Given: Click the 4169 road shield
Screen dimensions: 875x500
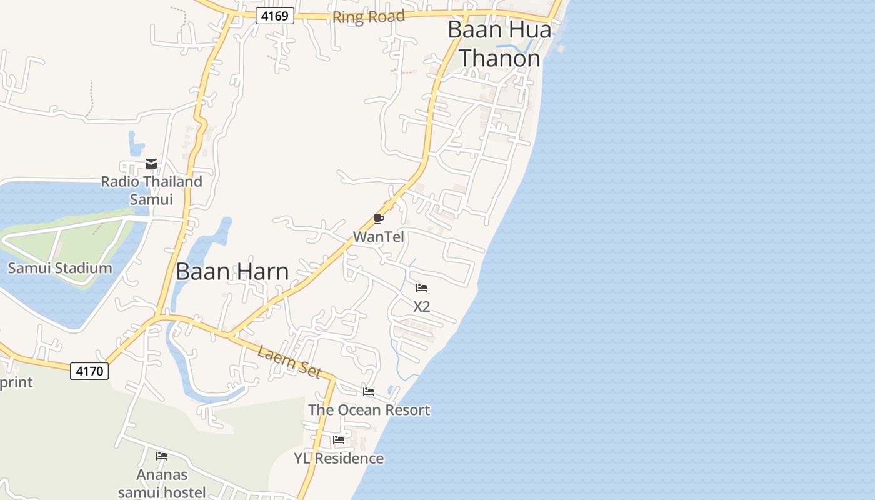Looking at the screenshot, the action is [x=275, y=16].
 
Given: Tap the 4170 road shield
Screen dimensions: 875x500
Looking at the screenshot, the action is [x=89, y=371].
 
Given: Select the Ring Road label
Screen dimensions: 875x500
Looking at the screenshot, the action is [x=368, y=17].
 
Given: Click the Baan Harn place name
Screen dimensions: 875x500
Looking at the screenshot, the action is [x=232, y=272].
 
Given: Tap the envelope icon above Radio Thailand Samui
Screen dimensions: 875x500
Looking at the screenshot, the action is [x=151, y=164].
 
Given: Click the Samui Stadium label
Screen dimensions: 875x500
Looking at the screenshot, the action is [x=60, y=269].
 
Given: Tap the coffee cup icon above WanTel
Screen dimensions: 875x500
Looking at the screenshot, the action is [x=378, y=219].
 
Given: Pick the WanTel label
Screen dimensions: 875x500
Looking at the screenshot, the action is [x=379, y=237].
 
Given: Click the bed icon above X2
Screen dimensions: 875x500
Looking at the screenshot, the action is [x=422, y=288].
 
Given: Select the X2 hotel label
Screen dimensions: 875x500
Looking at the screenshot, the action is [x=422, y=307].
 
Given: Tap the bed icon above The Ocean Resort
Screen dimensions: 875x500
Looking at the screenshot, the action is [x=369, y=392].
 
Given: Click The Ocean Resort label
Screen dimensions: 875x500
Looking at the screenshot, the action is [x=369, y=411].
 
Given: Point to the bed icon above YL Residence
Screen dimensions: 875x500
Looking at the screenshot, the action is [x=339, y=440].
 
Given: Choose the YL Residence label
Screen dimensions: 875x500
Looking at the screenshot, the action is [x=339, y=459].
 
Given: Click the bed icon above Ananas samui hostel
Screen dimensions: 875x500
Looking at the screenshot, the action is [x=162, y=456].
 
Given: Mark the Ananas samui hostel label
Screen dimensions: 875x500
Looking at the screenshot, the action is [x=162, y=484].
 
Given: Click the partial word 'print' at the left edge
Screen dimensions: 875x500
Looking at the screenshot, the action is [x=16, y=382].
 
